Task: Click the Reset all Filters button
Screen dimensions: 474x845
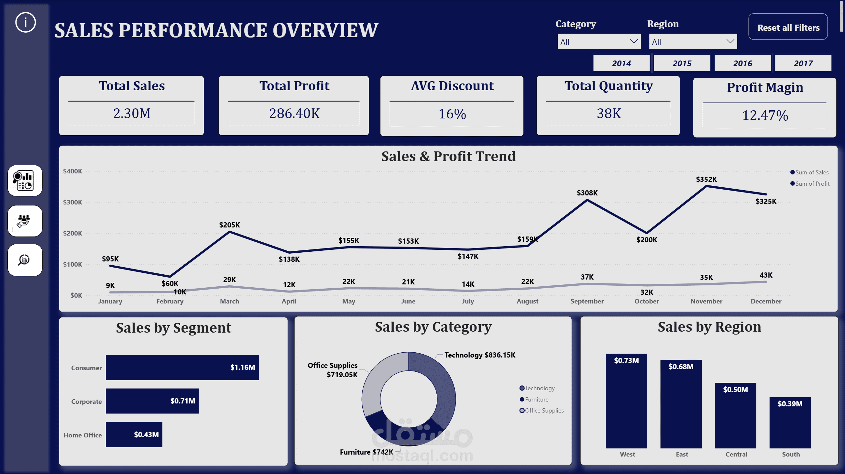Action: pos(788,27)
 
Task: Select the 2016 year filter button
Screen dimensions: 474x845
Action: pos(742,63)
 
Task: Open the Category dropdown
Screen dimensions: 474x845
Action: pos(599,42)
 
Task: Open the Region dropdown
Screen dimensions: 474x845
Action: pos(693,42)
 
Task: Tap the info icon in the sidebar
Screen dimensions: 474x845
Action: pos(25,22)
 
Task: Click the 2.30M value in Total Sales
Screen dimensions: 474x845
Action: pos(132,114)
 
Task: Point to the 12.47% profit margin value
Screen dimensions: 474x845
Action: pos(765,116)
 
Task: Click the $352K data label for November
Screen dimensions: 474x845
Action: pos(706,180)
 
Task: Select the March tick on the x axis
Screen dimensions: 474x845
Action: pos(229,301)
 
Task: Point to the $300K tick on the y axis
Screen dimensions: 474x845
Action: pos(72,202)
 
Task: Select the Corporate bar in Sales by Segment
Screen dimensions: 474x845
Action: pos(152,401)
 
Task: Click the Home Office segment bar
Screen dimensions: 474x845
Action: pos(134,435)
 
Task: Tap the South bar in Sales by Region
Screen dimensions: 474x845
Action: pos(790,423)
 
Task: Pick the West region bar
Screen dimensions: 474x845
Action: pos(626,401)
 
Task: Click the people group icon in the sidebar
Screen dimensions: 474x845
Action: pos(25,221)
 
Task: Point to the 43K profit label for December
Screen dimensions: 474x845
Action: pos(766,275)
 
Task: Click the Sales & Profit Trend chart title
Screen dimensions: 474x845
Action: pos(448,156)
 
